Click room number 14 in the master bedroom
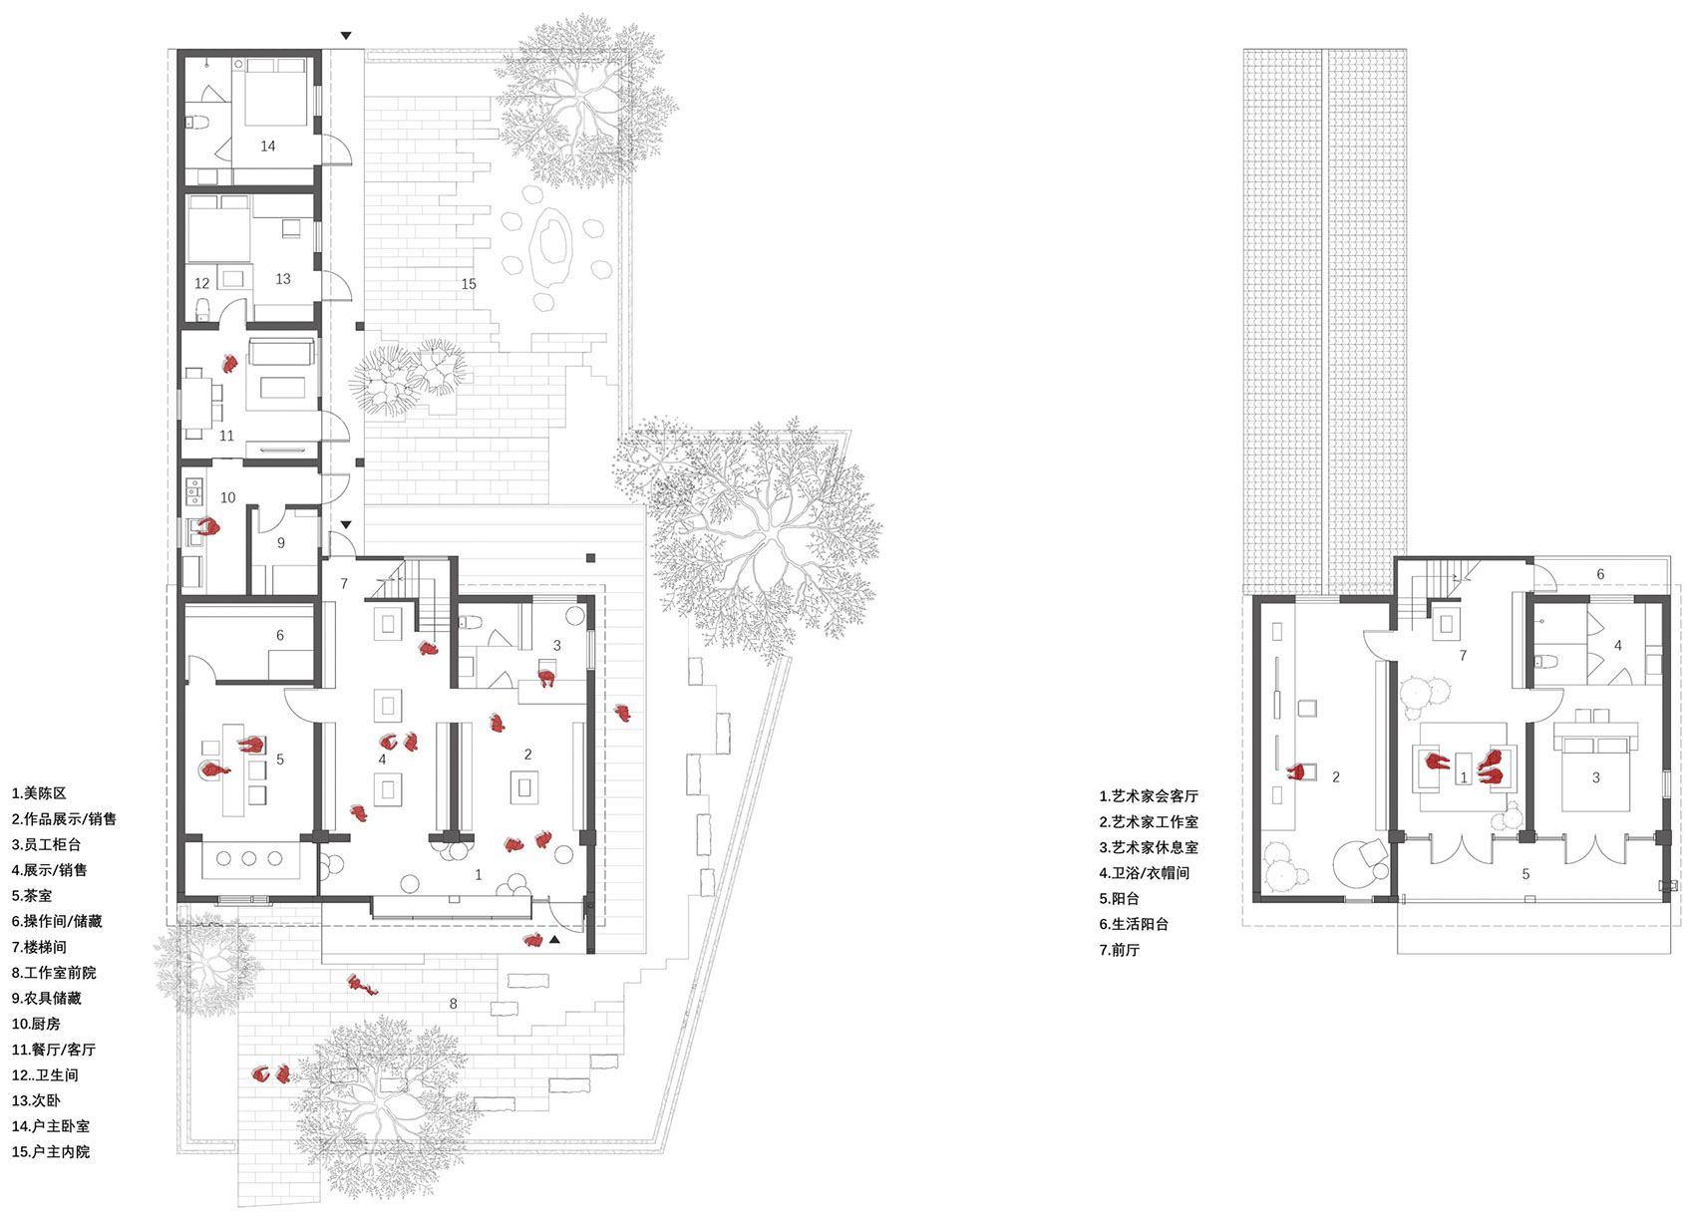[268, 146]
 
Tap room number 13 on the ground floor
[283, 279]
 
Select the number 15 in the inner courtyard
[469, 284]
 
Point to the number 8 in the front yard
[454, 1004]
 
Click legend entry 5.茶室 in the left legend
[32, 895]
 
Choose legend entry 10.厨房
[36, 1024]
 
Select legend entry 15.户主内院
[51, 1151]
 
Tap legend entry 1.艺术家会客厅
[1149, 795]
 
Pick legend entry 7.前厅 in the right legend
[1119, 949]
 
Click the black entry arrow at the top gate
[346, 36]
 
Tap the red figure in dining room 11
[229, 363]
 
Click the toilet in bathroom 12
[202, 308]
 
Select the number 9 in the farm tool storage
[281, 543]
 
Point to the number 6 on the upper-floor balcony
[1600, 574]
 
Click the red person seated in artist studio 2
[1296, 771]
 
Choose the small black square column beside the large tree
[590, 558]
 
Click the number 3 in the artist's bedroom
[1596, 777]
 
